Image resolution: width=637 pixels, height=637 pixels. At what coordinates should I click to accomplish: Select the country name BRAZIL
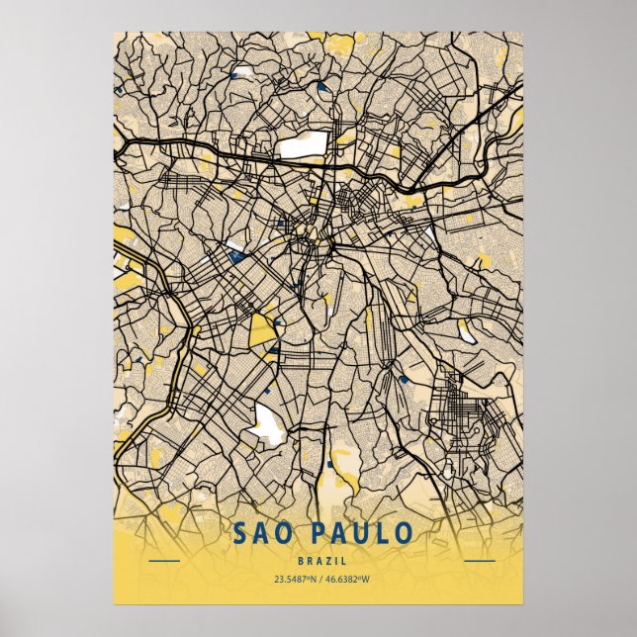pos(318,560)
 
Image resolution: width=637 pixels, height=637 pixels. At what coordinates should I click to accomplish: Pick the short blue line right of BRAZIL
pos(479,561)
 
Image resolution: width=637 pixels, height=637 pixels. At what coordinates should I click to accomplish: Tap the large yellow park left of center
pos(262,329)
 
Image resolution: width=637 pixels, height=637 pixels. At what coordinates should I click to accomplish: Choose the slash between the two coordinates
pos(318,580)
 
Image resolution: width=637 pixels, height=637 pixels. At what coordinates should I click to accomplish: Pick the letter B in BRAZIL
pos(300,560)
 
